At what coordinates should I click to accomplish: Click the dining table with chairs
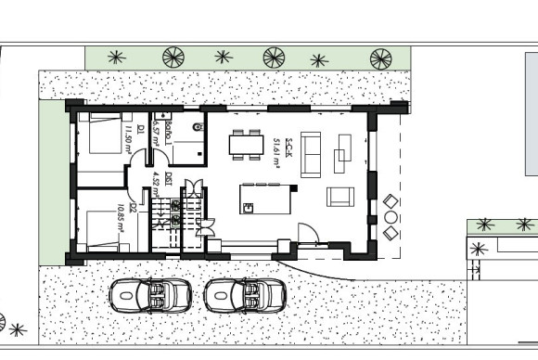tap(247, 144)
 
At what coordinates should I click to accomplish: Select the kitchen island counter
tap(264, 199)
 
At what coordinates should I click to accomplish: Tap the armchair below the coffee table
tap(340, 197)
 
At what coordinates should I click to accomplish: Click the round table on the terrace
tap(391, 216)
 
